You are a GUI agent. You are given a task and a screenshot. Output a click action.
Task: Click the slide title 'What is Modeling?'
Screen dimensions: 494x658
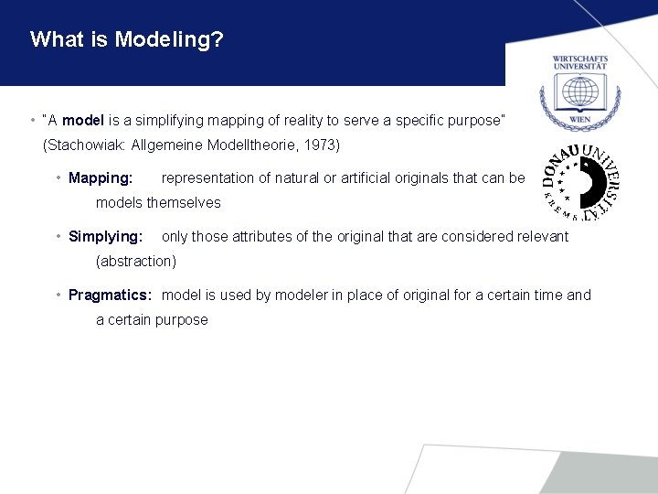pos(127,39)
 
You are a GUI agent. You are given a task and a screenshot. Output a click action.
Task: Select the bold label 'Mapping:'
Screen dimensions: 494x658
pos(101,177)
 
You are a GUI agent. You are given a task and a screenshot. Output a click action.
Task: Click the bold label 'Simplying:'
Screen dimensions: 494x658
pos(105,236)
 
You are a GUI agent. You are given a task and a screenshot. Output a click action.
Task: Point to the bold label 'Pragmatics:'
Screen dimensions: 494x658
pos(110,295)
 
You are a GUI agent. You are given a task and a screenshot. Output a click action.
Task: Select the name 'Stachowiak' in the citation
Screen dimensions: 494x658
pos(86,145)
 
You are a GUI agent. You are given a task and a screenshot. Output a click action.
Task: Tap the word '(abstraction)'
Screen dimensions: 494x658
pos(136,261)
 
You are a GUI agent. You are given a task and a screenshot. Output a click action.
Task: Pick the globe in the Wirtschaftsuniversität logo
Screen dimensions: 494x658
pos(580,95)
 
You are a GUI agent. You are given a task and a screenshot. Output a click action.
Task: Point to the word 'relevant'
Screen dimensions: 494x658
pos(541,236)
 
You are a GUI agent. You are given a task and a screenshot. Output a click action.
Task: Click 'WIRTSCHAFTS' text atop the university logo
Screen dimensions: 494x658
pos(580,59)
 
